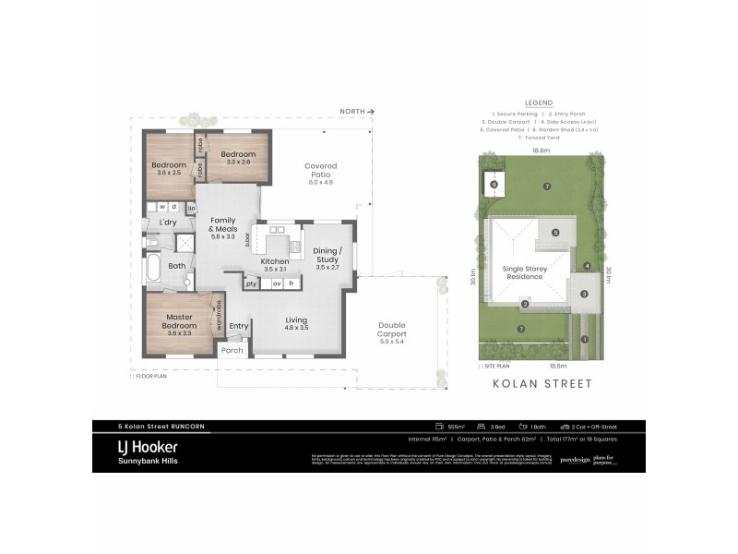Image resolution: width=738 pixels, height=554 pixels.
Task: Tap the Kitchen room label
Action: pyautogui.click(x=275, y=266)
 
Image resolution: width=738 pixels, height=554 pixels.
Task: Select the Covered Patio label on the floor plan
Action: pyautogui.click(x=320, y=173)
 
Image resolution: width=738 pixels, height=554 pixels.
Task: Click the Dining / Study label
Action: pyautogui.click(x=328, y=255)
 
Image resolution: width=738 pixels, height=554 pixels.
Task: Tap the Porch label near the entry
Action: pyautogui.click(x=232, y=350)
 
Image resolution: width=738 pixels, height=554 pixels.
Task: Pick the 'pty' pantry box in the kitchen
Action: pyautogui.click(x=250, y=283)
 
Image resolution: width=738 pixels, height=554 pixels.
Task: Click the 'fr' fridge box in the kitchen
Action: pyautogui.click(x=292, y=283)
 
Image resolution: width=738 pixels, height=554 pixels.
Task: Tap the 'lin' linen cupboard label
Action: pyautogui.click(x=191, y=209)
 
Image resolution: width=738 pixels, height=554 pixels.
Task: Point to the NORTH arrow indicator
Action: pyautogui.click(x=356, y=111)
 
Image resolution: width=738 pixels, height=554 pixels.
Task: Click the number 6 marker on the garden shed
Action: pyautogui.click(x=494, y=185)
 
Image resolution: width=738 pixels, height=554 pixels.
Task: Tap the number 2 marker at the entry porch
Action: pyautogui.click(x=524, y=304)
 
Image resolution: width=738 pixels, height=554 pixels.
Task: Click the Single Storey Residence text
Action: pyautogui.click(x=524, y=272)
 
